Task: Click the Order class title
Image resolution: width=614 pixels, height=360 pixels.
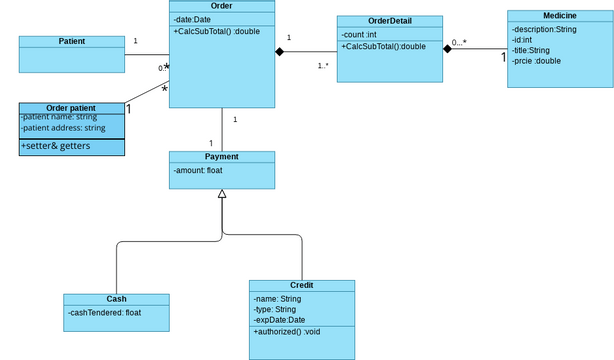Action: pyautogui.click(x=222, y=6)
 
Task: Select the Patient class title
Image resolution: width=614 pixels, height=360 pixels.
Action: pyautogui.click(x=71, y=41)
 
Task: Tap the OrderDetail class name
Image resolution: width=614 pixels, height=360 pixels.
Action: pyautogui.click(x=389, y=21)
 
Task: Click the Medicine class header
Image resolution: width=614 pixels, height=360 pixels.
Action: pyautogui.click(x=559, y=16)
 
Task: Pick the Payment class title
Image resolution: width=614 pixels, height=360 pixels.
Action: pyautogui.click(x=221, y=157)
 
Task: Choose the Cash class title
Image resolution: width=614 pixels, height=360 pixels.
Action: pyautogui.click(x=116, y=299)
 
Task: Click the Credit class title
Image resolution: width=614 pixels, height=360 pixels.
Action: pyautogui.click(x=301, y=285)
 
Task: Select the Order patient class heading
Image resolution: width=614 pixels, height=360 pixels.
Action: pyautogui.click(x=71, y=108)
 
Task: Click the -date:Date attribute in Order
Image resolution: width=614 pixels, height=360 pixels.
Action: pyautogui.click(x=193, y=19)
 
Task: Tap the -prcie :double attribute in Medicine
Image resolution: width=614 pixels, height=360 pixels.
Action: pyautogui.click(x=538, y=60)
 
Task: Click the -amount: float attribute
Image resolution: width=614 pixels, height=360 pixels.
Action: pyautogui.click(x=198, y=170)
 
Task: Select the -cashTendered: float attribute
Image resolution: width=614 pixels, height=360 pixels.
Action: pyautogui.click(x=105, y=312)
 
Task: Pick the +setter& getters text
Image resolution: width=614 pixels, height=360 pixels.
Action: pyautogui.click(x=55, y=146)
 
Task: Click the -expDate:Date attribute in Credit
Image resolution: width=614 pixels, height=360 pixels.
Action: pyautogui.click(x=286, y=320)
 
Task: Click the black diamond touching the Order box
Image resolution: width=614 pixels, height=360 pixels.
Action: pyautogui.click(x=281, y=52)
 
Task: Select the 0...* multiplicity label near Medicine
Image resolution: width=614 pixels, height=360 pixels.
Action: pyautogui.click(x=459, y=42)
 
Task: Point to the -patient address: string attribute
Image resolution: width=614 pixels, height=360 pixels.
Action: pyautogui.click(x=64, y=128)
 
